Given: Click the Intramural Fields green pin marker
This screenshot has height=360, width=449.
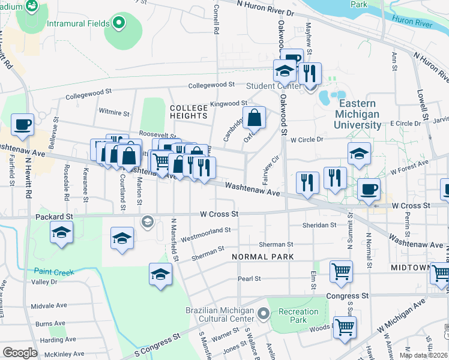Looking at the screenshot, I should pos(119,24).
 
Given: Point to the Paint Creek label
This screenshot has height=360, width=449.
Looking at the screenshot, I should pos(54,272).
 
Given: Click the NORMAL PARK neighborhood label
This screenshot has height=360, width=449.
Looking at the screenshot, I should pos(263,257).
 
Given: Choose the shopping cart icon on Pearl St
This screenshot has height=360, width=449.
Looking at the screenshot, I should pos(341,271).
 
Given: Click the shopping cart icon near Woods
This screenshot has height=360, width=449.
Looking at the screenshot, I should pos(345,327).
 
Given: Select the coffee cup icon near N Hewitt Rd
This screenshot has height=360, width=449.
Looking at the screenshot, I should pos(23,124).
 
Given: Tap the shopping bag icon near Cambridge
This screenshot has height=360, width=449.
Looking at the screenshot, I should pos(255,118).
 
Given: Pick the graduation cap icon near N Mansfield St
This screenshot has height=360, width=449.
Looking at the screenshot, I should pos(160,274).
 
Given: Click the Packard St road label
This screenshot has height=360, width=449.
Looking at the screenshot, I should pos(54,216).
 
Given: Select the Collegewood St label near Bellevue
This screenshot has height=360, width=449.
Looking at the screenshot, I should pos(89,94).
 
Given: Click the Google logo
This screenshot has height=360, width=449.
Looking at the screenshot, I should pos(20,352).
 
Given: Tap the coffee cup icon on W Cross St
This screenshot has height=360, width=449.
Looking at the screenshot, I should pos(369,190).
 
